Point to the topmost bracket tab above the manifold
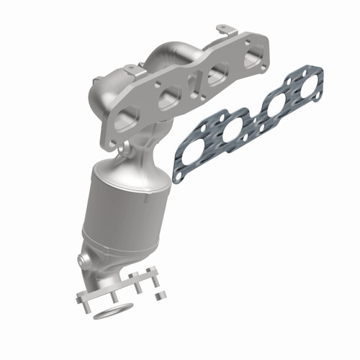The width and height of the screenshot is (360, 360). (x=228, y=30)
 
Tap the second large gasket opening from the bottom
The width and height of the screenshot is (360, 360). (x=232, y=132)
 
